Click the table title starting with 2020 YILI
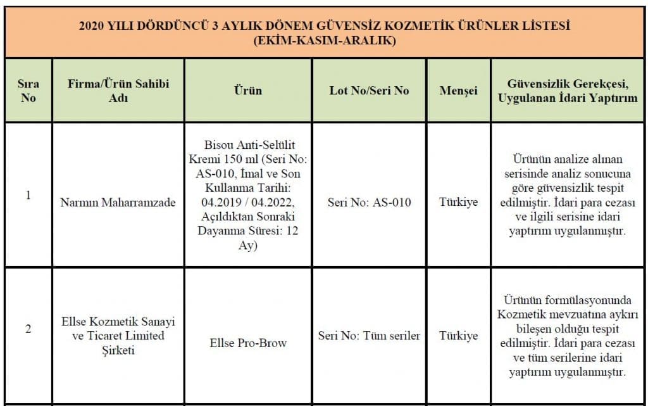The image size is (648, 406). click(323, 27)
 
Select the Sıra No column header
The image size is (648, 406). click(28, 91)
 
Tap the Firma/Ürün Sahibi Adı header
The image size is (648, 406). click(118, 91)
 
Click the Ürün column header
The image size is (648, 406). click(248, 91)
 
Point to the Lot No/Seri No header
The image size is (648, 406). click(369, 91)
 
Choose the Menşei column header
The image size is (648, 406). click(458, 91)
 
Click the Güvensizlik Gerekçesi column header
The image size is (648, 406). click(568, 91)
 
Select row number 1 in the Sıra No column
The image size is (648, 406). click(28, 195)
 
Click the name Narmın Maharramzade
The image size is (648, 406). click(118, 203)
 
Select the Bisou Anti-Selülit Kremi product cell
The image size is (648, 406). click(248, 194)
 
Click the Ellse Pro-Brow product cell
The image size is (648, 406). click(248, 343)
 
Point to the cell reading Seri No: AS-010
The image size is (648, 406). click(369, 203)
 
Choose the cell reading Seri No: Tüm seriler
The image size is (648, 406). click(369, 336)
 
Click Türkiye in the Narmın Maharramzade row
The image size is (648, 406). click(458, 203)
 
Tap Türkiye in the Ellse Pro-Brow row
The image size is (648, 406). click(458, 336)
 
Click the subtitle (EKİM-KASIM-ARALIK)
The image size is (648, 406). click(323, 41)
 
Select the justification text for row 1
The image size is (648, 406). click(568, 194)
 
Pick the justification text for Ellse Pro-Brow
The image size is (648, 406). click(568, 336)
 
